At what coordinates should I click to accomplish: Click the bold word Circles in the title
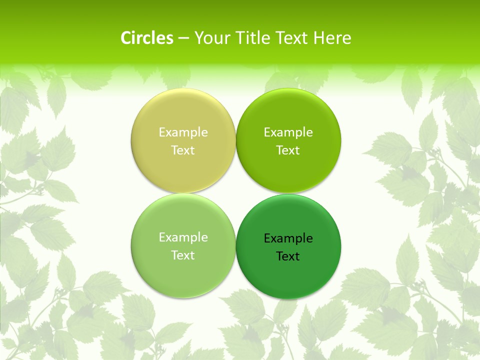(x=147, y=38)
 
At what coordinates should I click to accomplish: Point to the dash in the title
(x=183, y=38)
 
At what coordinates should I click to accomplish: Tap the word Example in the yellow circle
(x=183, y=132)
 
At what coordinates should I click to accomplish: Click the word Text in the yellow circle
(x=183, y=150)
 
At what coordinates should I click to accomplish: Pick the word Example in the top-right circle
(x=288, y=132)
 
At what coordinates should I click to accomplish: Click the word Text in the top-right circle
(x=288, y=150)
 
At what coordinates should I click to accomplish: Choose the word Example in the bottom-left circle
(x=183, y=237)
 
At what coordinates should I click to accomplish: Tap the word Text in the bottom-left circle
(x=183, y=255)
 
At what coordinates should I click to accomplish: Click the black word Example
(x=288, y=238)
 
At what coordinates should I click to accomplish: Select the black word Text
(x=288, y=256)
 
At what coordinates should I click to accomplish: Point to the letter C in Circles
(x=126, y=38)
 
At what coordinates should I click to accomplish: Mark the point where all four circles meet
(x=235, y=193)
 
